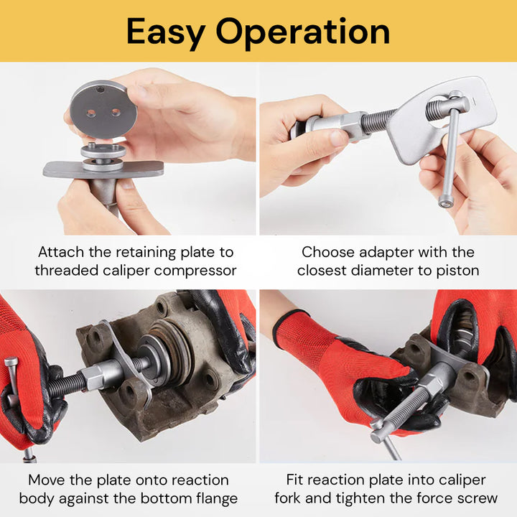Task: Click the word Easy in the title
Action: tap(166, 31)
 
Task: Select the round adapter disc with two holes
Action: tap(103, 108)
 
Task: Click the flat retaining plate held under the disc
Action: tap(103, 170)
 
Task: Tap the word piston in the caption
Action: tap(456, 271)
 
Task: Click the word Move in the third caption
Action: tap(48, 480)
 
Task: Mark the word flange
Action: tap(213, 498)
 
